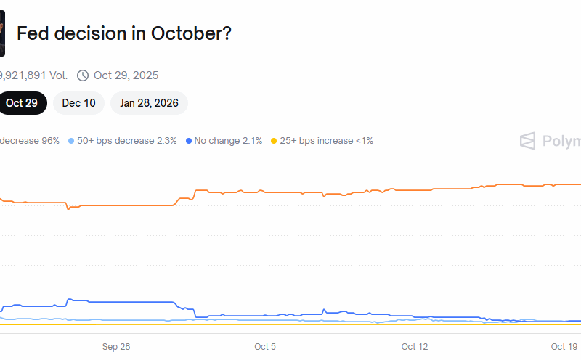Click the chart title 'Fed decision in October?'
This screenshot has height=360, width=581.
123,33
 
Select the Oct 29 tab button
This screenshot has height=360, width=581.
22,103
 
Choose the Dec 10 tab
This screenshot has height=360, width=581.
78,103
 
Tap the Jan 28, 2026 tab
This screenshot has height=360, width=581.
149,103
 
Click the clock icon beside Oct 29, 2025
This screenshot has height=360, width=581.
83,75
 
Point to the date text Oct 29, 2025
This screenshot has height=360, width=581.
126,75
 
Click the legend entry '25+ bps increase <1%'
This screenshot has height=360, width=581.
326,141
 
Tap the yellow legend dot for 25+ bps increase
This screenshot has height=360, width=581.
274,141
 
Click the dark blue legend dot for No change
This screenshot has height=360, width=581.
189,141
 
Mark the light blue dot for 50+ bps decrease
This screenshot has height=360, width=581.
71,141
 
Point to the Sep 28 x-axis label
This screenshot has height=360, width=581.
116,347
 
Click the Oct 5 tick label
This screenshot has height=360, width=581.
265,347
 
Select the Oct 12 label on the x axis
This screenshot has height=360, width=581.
415,347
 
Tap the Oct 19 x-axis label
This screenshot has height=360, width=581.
564,347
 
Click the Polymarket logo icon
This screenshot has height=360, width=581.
528,141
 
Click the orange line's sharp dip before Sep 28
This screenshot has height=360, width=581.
68,209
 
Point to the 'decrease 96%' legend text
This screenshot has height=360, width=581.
30,141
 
